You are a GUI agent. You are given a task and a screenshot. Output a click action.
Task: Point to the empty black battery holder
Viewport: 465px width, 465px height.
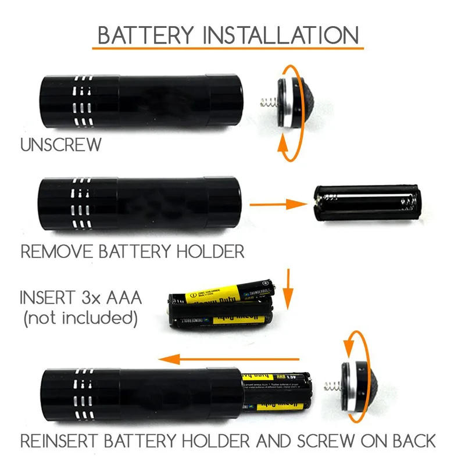click(366, 205)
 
